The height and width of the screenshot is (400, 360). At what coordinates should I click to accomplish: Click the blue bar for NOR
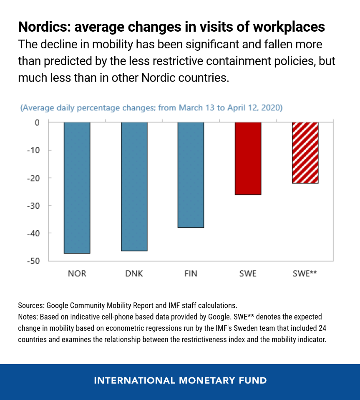77,187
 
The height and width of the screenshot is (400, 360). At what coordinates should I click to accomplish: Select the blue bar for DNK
134,186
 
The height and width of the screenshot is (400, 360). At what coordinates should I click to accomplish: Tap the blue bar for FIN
191,175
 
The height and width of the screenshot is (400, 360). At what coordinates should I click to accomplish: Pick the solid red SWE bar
248,158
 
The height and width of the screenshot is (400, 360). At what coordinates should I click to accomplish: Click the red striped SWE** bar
305,152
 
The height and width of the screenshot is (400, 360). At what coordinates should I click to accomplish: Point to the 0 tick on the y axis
37,122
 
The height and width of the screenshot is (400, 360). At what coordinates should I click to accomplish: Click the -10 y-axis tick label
33,150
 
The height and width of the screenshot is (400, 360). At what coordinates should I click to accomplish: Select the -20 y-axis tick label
33,178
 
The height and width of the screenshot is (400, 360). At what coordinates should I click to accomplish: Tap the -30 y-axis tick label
33,205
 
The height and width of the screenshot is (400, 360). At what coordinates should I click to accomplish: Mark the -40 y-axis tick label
33,233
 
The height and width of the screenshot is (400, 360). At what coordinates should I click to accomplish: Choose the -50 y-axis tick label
33,261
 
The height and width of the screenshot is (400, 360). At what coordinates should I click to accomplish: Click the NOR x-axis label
77,274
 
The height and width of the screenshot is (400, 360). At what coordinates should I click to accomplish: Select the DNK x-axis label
134,274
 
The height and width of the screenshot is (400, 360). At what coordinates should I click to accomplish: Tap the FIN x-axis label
191,274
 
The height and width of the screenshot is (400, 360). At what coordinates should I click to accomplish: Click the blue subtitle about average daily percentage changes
151,108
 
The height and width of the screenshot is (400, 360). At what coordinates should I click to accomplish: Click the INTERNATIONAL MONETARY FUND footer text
180,380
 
